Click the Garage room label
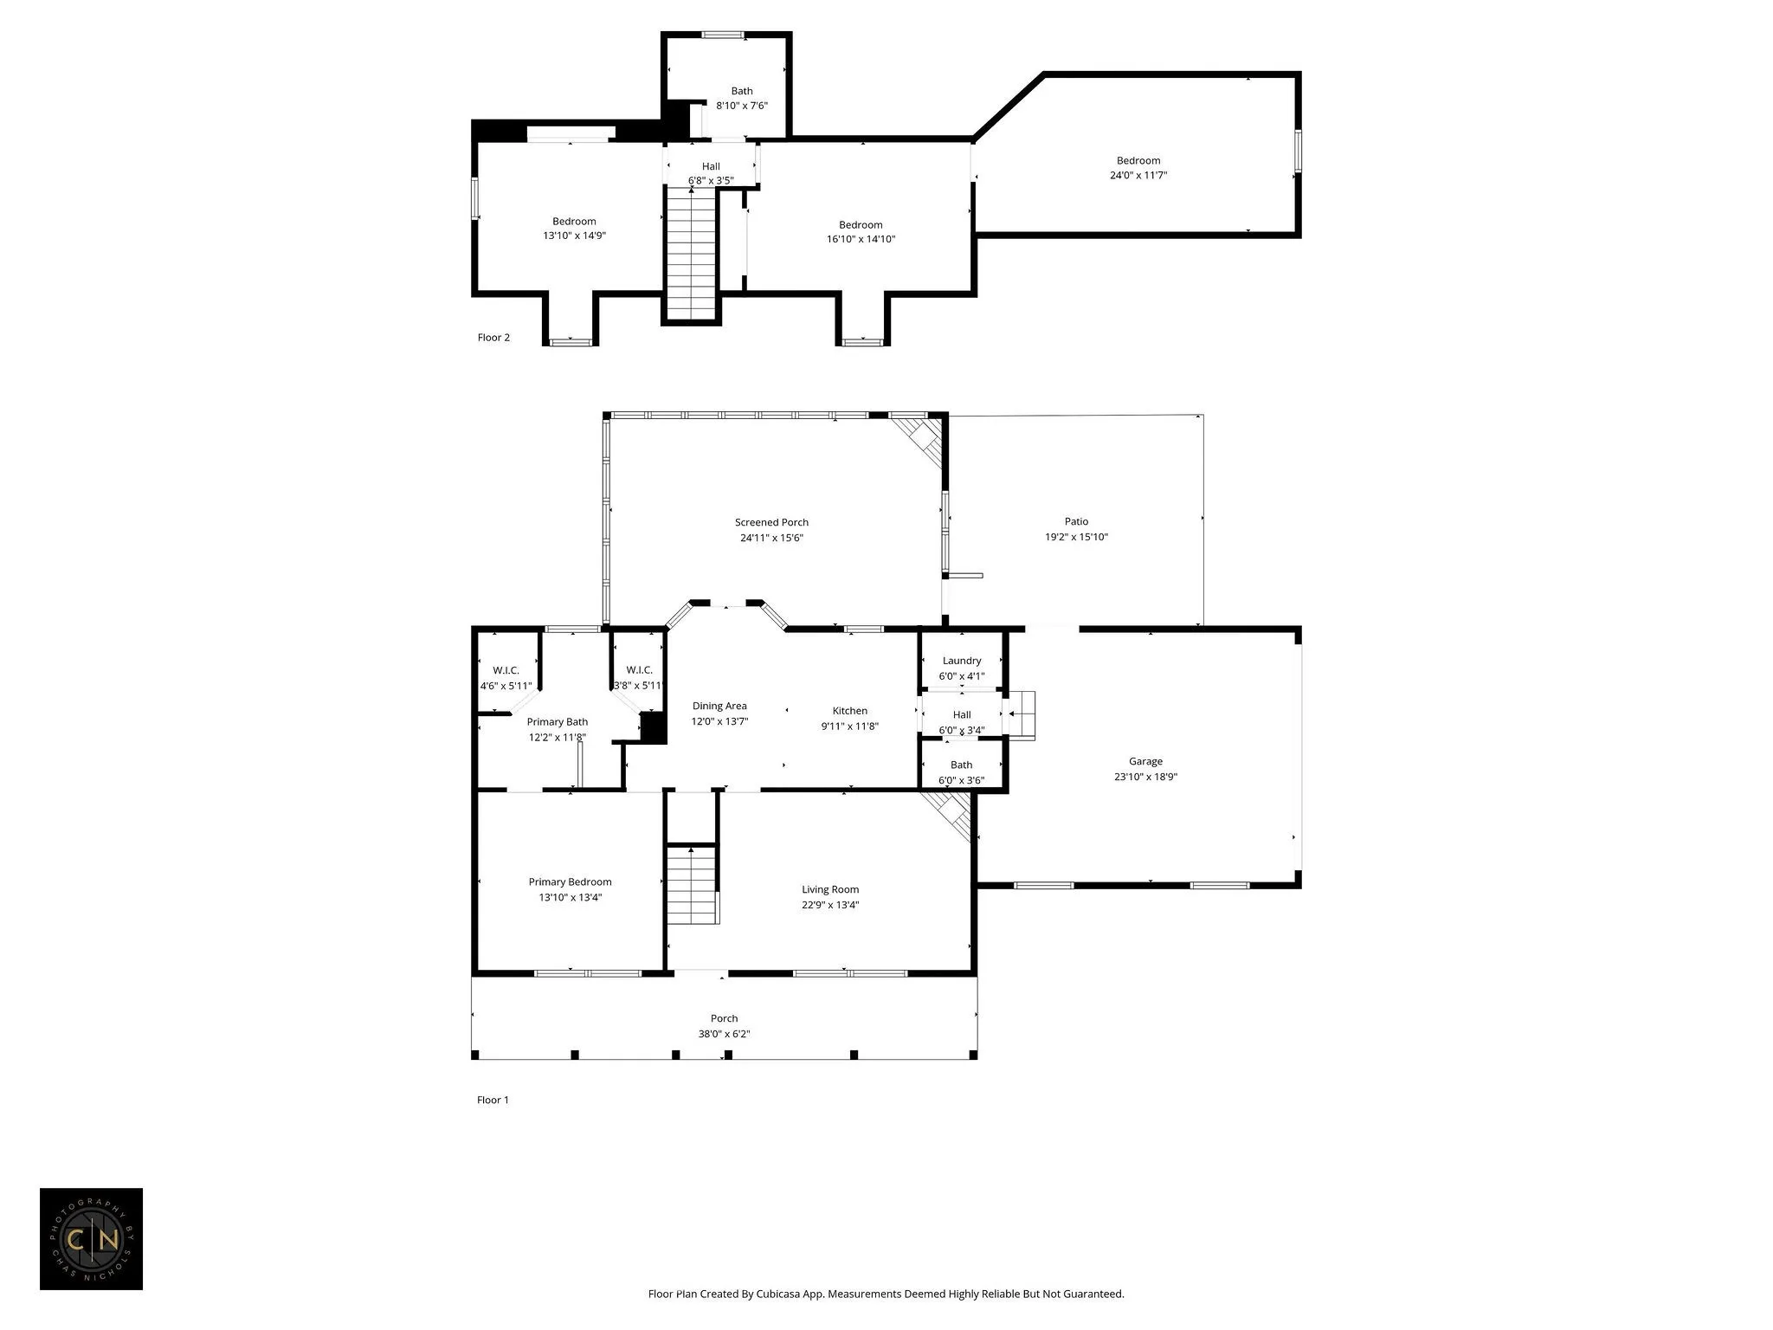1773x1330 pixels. point(1145,762)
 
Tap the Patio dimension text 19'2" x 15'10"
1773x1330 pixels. point(1076,537)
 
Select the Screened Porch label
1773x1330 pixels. point(771,522)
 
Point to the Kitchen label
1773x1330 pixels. point(849,711)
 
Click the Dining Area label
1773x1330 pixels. point(719,706)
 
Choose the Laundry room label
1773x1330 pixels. point(962,661)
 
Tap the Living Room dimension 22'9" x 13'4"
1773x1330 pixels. point(830,905)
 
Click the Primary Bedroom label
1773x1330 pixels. point(570,882)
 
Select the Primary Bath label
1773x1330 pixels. point(558,722)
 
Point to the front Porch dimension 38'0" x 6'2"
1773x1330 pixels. point(725,1034)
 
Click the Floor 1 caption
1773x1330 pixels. point(493,1100)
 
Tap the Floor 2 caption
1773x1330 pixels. point(493,338)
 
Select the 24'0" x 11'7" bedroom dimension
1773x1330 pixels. point(1138,175)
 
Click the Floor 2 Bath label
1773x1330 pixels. point(742,91)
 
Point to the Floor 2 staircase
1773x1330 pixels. point(692,254)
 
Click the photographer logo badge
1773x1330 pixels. point(91,1239)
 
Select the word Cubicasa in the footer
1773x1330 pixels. point(777,1294)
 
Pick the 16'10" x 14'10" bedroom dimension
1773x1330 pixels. point(861,239)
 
